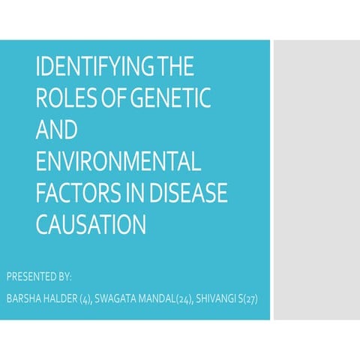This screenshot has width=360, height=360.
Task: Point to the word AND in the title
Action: pyautogui.click(x=56, y=130)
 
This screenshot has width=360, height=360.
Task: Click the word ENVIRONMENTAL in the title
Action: pyautogui.click(x=118, y=162)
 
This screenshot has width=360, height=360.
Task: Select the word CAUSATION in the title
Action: pyautogui.click(x=90, y=224)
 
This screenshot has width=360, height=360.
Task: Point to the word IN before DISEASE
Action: pyautogui.click(x=135, y=193)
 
